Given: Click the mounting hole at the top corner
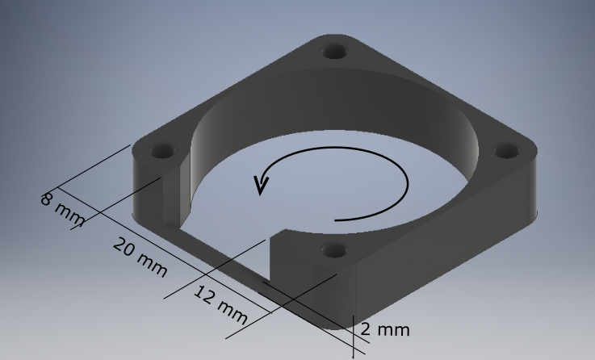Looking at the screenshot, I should pos(335,52).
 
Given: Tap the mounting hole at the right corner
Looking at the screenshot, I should pos(506,150).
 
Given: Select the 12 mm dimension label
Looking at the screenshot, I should pos(219,300).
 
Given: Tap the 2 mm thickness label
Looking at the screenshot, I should pos(385,329).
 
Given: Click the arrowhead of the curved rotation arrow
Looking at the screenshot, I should pos(260,185).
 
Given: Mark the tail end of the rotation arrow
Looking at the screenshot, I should pos(337,219).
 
